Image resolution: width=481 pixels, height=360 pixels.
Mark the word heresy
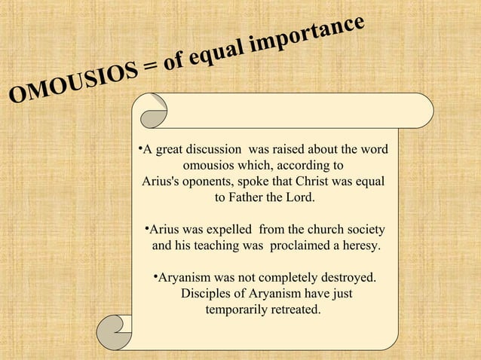[360, 246]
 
